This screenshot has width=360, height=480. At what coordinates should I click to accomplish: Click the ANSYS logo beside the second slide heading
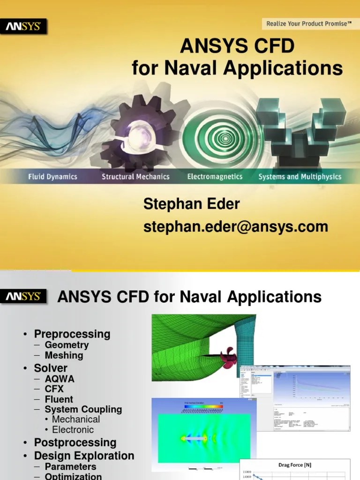coord(24,296)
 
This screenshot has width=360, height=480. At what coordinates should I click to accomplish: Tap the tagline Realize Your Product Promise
coord(308,23)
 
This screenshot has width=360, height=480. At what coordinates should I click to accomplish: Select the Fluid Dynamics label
coord(52,177)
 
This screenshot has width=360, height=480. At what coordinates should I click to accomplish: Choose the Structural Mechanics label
coord(135,177)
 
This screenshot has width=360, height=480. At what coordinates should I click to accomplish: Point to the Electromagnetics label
coord(215,177)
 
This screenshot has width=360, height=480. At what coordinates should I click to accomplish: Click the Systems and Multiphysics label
coord(300,177)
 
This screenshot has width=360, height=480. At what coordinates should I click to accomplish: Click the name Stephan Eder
coord(191,204)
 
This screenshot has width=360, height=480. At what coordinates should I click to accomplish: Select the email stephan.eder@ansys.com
coord(235,226)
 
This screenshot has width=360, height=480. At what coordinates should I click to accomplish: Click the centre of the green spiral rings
coord(227,139)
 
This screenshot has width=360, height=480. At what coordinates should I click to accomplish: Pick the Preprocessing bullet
coord(72,334)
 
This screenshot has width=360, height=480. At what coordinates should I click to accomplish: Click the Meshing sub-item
coord(64,355)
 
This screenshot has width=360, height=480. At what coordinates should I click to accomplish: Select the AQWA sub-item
coord(60,378)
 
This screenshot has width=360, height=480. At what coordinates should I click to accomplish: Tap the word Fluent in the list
coord(59,399)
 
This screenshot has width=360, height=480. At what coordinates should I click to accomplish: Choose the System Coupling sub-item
coord(83,409)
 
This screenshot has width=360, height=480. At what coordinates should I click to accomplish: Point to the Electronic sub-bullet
coord(73,430)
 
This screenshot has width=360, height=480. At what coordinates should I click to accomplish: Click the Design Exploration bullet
coord(84,456)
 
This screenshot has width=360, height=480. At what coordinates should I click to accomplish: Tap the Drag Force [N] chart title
coord(295,465)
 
